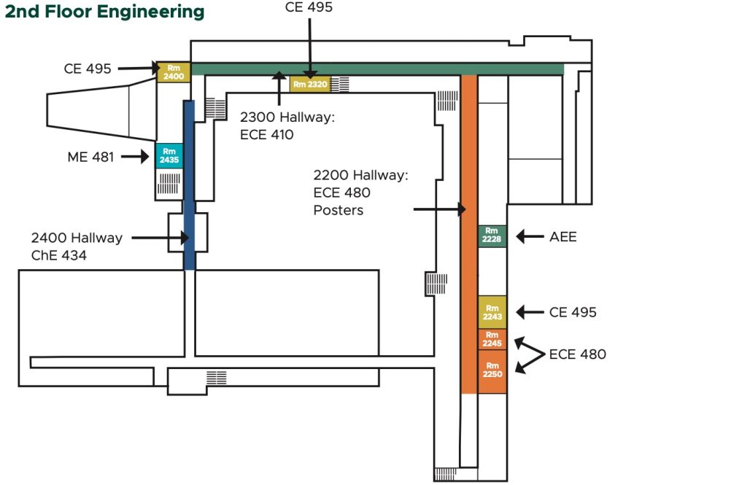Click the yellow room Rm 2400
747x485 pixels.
pyautogui.click(x=174, y=71)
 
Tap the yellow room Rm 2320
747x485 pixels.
pyautogui.click(x=310, y=84)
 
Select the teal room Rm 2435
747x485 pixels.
pyautogui.click(x=169, y=155)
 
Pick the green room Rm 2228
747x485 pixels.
pyautogui.click(x=492, y=236)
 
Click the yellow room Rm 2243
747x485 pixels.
pyautogui.click(x=492, y=312)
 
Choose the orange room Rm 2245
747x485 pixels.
pyautogui.click(x=492, y=339)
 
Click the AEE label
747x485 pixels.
pyautogui.click(x=562, y=236)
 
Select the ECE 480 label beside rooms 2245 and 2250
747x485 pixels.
pyautogui.click(x=578, y=354)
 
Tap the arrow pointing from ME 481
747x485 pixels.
pyautogui.click(x=136, y=156)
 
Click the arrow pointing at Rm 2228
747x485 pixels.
pyautogui.click(x=530, y=236)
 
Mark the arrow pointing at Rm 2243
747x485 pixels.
pyautogui.click(x=530, y=312)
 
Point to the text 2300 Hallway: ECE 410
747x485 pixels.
pyautogui.click(x=287, y=125)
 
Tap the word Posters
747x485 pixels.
pyautogui.click(x=338, y=210)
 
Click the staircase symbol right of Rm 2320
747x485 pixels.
pyautogui.click(x=340, y=84)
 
